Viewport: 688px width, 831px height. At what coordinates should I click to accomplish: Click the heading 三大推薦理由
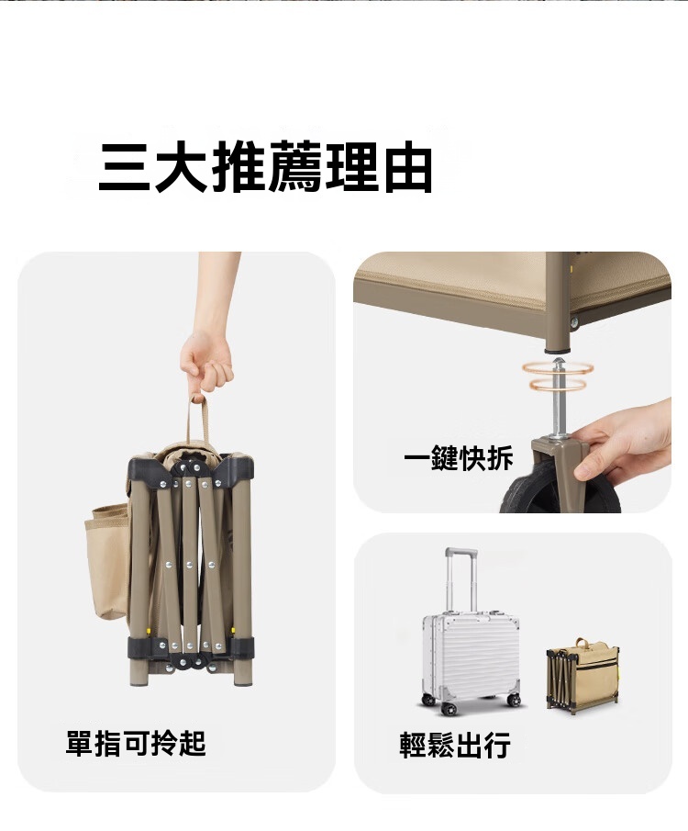pos(265,167)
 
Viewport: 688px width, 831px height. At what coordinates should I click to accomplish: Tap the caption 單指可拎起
pos(136,743)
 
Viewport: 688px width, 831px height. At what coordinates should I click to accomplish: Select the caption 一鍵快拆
pos(459,457)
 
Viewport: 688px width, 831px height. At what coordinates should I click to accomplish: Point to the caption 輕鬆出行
pos(455,745)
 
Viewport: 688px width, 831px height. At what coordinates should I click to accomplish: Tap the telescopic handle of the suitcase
pos(461,580)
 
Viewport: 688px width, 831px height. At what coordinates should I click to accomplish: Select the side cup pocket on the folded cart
pos(105,562)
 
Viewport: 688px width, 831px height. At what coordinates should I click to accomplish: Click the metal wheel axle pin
pos(559,398)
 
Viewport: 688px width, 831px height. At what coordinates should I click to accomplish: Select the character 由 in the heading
pos(408,168)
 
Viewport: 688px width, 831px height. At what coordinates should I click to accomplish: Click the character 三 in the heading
pos(125,167)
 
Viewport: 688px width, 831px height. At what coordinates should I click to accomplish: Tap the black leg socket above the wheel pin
pos(558,350)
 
